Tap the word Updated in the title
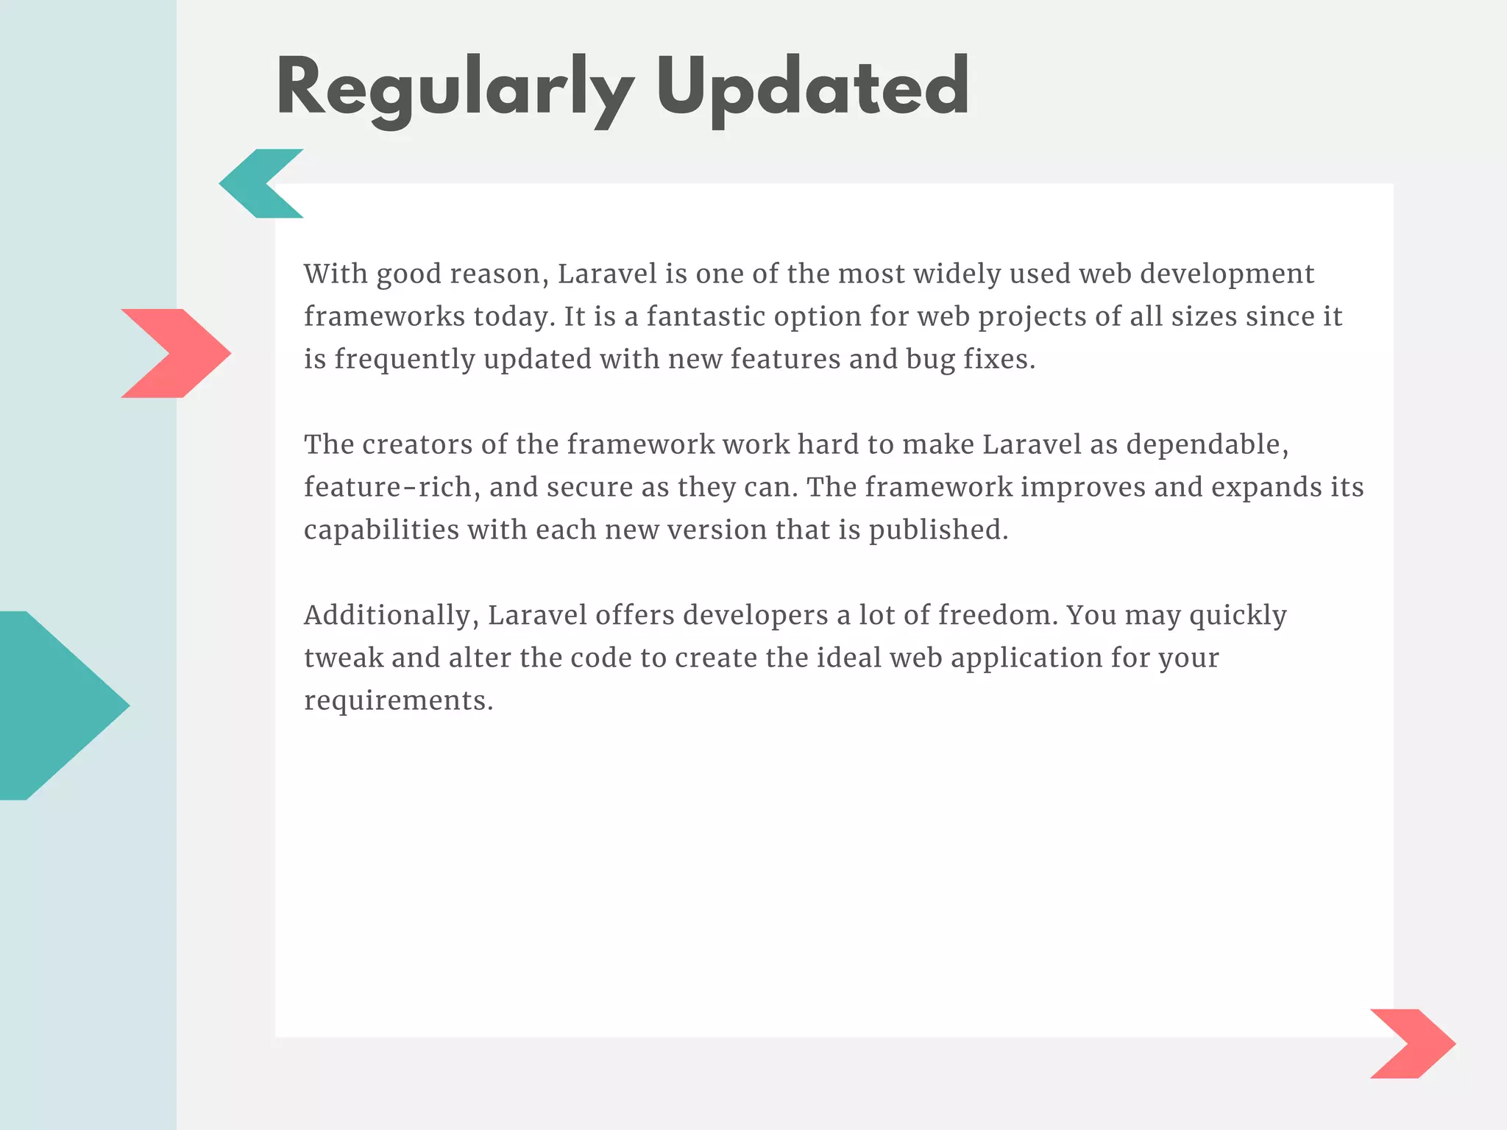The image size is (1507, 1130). tap(812, 88)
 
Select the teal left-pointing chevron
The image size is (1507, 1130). tap(254, 183)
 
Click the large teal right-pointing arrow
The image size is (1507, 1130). tap(59, 705)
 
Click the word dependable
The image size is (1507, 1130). tap(1207, 444)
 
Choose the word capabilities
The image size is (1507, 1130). tap(381, 530)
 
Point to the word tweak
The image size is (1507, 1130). tap(344, 658)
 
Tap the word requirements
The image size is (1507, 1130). tap(398, 701)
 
